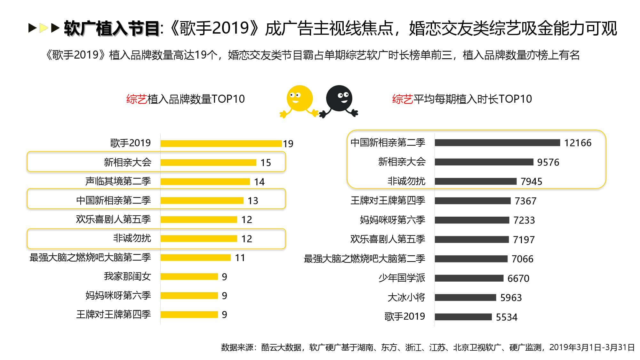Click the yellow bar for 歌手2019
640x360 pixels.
(221, 143)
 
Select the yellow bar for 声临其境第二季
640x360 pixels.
(205, 181)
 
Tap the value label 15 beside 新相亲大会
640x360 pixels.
(266, 163)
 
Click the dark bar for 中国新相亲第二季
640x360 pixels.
(497, 143)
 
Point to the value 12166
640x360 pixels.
(578, 143)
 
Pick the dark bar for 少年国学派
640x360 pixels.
(469, 278)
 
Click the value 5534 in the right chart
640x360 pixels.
(506, 317)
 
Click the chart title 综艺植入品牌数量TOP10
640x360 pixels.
(185, 99)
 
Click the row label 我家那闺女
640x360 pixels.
(127, 276)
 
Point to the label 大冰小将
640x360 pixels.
(406, 297)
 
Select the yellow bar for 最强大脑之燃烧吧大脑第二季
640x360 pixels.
(195, 258)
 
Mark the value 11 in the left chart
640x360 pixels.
(240, 258)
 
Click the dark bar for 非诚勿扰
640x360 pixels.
(475, 181)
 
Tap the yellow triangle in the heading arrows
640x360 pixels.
(44, 28)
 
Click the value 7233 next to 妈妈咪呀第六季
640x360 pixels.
(524, 220)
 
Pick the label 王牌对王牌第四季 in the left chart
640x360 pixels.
(113, 314)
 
